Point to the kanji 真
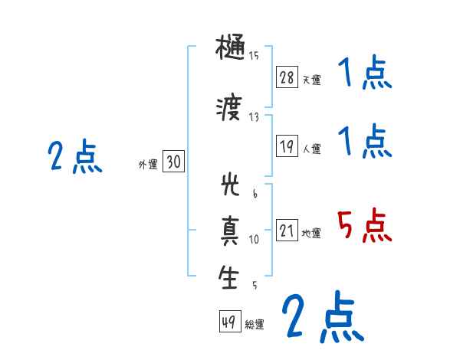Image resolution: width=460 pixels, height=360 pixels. (x=230, y=232)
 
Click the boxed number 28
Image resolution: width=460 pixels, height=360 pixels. (x=287, y=77)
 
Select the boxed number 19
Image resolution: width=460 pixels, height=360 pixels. (x=287, y=147)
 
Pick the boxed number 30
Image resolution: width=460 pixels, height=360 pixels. (x=173, y=162)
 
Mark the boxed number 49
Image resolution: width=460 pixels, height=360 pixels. (x=229, y=322)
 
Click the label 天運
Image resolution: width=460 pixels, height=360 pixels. (x=311, y=80)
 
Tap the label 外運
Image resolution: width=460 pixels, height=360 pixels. (x=147, y=164)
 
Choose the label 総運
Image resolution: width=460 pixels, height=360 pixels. (x=254, y=325)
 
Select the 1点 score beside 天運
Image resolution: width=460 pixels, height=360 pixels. (x=365, y=75)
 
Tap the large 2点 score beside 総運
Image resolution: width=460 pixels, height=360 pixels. (x=322, y=316)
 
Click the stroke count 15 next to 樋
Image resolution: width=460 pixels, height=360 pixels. (x=254, y=55)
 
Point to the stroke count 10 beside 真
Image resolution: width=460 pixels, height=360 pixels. (x=254, y=239)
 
